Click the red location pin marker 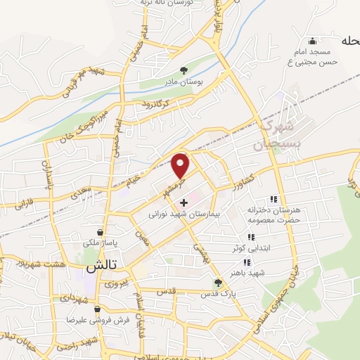[x=181, y=165]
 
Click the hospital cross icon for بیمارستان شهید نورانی [x=194, y=202]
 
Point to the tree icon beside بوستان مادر [x=184, y=70]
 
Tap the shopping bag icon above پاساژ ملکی [x=101, y=232]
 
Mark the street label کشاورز [x=245, y=180]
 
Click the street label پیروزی [x=115, y=285]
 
